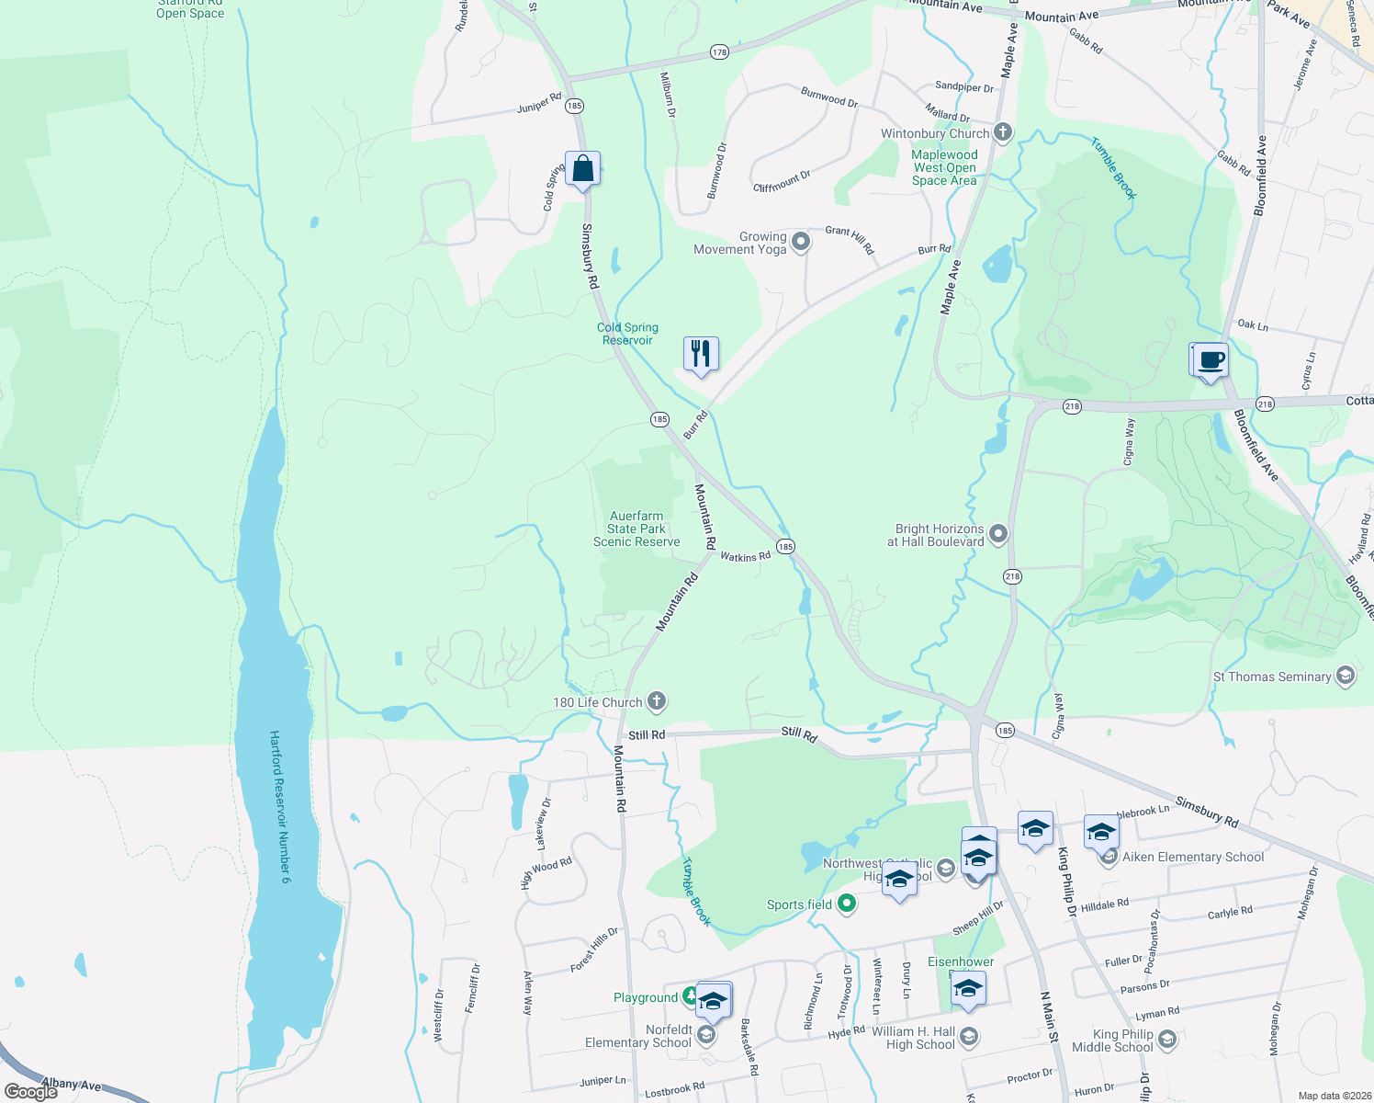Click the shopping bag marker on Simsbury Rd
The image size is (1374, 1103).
click(x=582, y=170)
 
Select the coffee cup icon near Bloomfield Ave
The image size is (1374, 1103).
click(x=1211, y=360)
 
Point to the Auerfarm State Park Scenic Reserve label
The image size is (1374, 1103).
click(x=636, y=529)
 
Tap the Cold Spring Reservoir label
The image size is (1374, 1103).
click(x=627, y=334)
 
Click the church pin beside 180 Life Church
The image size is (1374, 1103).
click(x=656, y=702)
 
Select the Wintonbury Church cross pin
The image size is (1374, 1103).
click(x=1003, y=133)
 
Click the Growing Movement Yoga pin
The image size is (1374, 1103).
click(x=801, y=242)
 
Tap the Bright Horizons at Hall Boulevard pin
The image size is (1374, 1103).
click(x=998, y=534)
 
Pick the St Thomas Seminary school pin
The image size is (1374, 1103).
click(x=1346, y=677)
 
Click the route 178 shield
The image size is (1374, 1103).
click(x=719, y=52)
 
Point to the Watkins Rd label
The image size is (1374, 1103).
click(x=745, y=556)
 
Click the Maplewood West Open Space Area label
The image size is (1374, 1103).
click(x=944, y=168)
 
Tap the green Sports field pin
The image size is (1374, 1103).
click(x=847, y=904)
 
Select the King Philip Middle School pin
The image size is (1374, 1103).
click(x=1167, y=1040)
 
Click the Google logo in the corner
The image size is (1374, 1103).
click(x=30, y=1092)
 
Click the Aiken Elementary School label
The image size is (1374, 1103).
click(x=1193, y=857)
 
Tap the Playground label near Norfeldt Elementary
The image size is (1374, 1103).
click(x=645, y=997)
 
